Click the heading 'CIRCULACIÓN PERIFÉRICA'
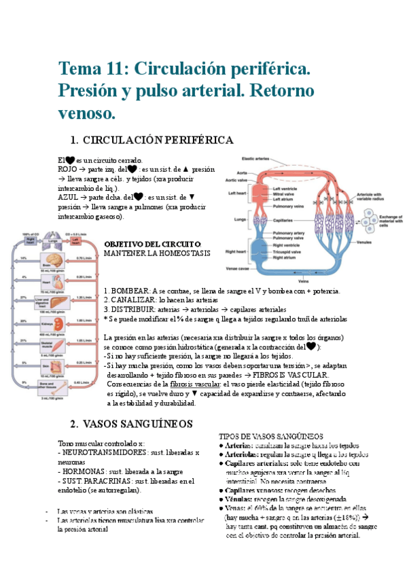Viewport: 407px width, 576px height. pyautogui.click(x=158, y=140)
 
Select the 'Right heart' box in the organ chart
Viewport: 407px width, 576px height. pyautogui.click(x=30, y=240)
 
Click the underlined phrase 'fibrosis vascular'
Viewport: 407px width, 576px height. pyautogui.click(x=190, y=384)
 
